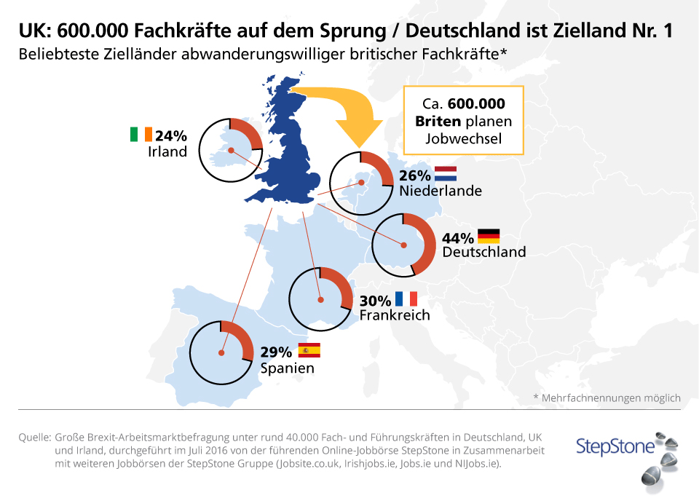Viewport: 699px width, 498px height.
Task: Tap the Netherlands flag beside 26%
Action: pos(445,174)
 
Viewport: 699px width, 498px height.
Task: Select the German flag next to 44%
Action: pos(489,236)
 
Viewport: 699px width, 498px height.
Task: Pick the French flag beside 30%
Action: pos(406,299)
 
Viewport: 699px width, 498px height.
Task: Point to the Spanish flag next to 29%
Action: pos(309,351)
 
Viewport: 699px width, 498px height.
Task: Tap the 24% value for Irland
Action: pos(171,135)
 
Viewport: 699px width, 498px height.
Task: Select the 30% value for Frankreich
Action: pos(375,299)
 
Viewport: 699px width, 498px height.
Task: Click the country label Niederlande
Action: pos(440,191)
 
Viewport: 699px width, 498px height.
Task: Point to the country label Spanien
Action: pos(288,368)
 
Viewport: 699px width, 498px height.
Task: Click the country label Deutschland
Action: pos(483,253)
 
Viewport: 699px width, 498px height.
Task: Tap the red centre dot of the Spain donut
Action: pos(221,353)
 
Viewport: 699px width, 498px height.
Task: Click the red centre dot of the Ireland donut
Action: pos(230,151)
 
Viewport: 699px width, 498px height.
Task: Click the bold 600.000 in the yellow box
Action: pos(476,104)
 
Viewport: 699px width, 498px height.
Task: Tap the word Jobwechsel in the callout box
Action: pos(463,138)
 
